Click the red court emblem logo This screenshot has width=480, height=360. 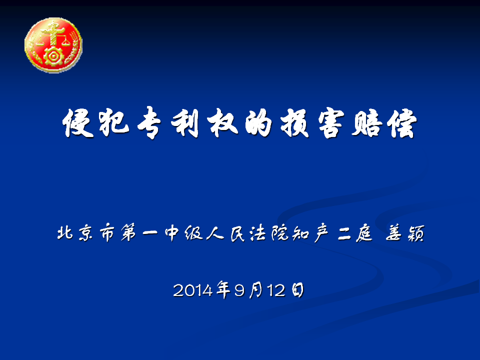point(53,45)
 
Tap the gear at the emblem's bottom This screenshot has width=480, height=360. point(53,56)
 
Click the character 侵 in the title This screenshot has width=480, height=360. point(78,123)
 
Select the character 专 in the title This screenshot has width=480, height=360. point(149,123)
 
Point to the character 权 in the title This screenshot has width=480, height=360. point(222,123)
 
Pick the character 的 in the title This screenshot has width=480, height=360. point(258,123)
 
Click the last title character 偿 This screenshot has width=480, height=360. point(401,123)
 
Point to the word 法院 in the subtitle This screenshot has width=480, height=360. point(269,233)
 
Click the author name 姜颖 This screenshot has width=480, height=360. point(404,233)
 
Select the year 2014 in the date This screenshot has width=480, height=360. point(192,290)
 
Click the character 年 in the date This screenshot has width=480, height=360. point(223,289)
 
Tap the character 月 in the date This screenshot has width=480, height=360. point(256,290)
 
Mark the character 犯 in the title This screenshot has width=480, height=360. point(114,123)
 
